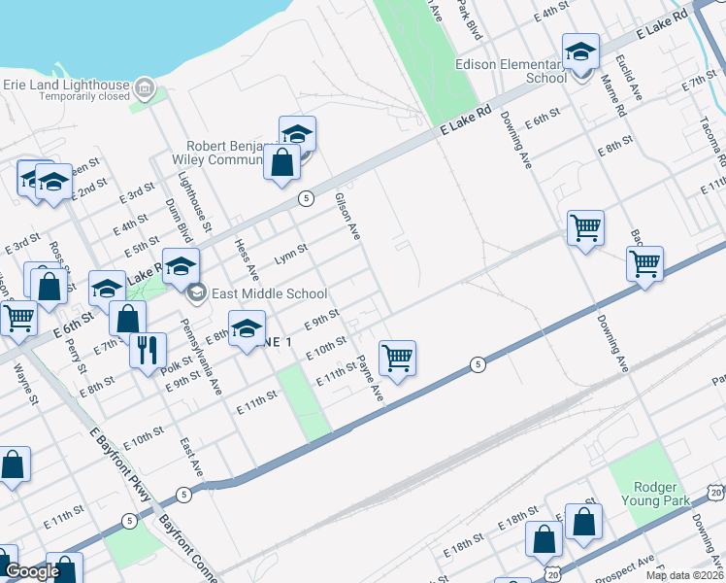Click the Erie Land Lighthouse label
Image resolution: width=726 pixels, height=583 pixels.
point(66,84)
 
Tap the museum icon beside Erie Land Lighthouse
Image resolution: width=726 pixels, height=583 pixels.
point(145,89)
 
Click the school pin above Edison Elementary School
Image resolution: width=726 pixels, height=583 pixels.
point(580,53)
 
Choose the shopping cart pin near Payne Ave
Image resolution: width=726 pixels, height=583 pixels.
point(398,359)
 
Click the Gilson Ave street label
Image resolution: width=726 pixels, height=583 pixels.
point(347,216)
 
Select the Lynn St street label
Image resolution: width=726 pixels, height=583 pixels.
point(290,254)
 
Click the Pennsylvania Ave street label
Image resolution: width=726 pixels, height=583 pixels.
point(202,349)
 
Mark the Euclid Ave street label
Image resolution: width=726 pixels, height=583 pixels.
point(629,77)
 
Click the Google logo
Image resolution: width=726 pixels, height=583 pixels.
point(32,571)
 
